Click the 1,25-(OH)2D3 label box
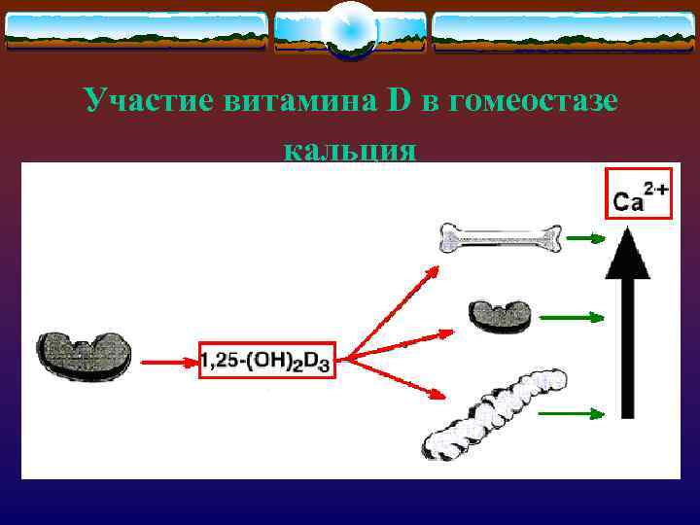pos(265,361)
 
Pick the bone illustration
pos(501,237)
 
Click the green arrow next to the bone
pos(585,237)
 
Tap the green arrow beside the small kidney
pos(585,316)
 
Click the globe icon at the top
pos(350,30)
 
